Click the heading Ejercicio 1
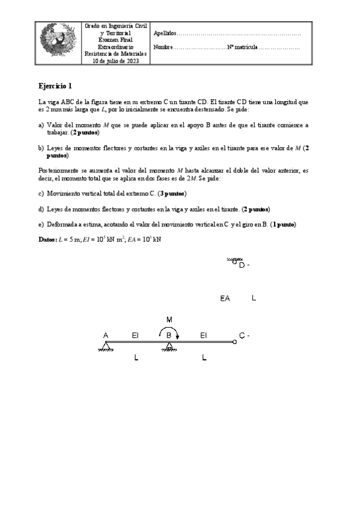click(x=55, y=85)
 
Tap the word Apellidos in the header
click(x=165, y=34)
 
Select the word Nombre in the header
click(x=163, y=47)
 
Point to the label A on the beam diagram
click(x=106, y=335)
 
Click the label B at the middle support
click(x=169, y=336)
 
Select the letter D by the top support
click(x=241, y=265)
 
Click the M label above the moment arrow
click(x=169, y=319)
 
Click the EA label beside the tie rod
click(x=226, y=298)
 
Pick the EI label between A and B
click(x=135, y=335)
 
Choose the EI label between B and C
click(x=204, y=335)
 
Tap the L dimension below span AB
click(x=136, y=358)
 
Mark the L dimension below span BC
click(x=204, y=358)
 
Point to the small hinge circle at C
click(x=234, y=342)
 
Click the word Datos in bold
click(x=49, y=239)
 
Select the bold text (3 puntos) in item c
click(x=172, y=194)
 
